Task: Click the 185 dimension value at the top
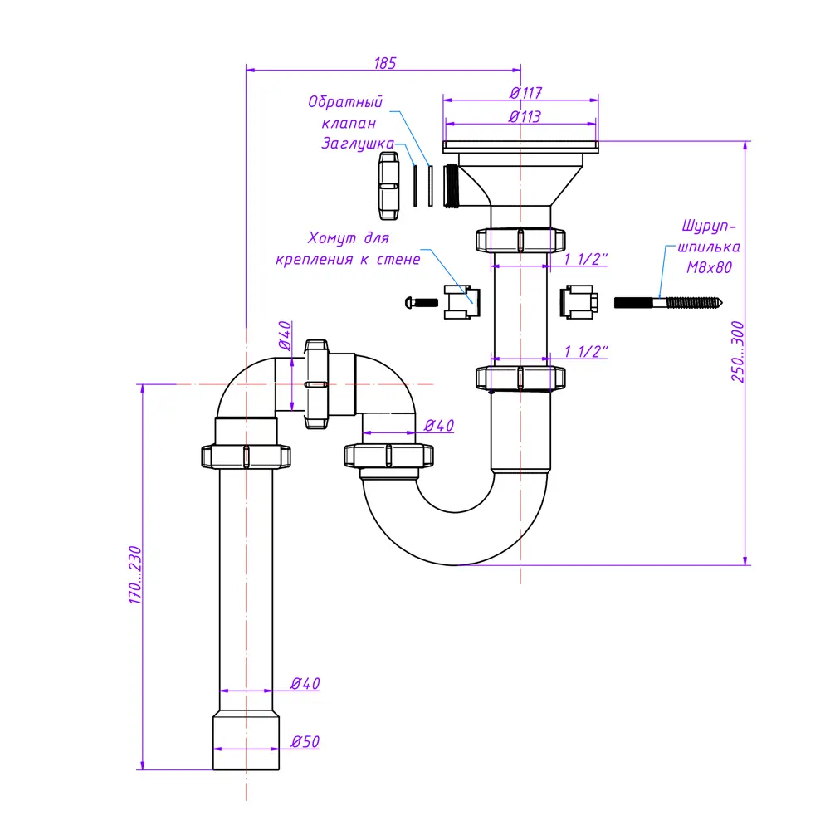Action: pos(385,62)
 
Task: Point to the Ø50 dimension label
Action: pos(305,742)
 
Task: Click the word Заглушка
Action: pos(358,144)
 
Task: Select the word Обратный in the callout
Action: pos(345,103)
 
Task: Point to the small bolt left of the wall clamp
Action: pos(422,302)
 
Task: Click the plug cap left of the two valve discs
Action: pos(387,184)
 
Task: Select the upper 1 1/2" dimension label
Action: pos(586,259)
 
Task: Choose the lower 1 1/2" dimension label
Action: pos(586,351)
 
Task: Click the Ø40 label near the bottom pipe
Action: pos(305,684)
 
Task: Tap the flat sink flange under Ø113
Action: pos(520,147)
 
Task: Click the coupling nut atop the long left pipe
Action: pos(247,456)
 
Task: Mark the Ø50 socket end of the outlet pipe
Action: pos(246,740)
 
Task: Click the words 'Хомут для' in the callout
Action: pos(348,239)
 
